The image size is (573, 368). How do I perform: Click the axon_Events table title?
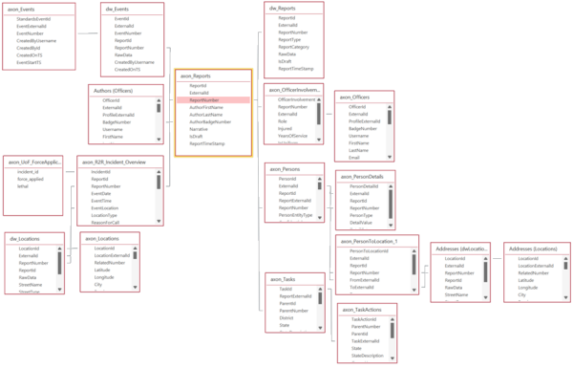[x=23, y=8]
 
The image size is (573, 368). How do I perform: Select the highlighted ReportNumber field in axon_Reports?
[x=204, y=99]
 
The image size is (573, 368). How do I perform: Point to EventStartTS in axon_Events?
[x=32, y=62]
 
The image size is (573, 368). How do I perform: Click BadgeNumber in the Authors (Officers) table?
[x=118, y=122]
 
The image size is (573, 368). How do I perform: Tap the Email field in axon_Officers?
[x=355, y=157]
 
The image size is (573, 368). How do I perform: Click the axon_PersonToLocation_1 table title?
[x=377, y=241]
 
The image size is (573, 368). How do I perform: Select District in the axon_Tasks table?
[x=286, y=317]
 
